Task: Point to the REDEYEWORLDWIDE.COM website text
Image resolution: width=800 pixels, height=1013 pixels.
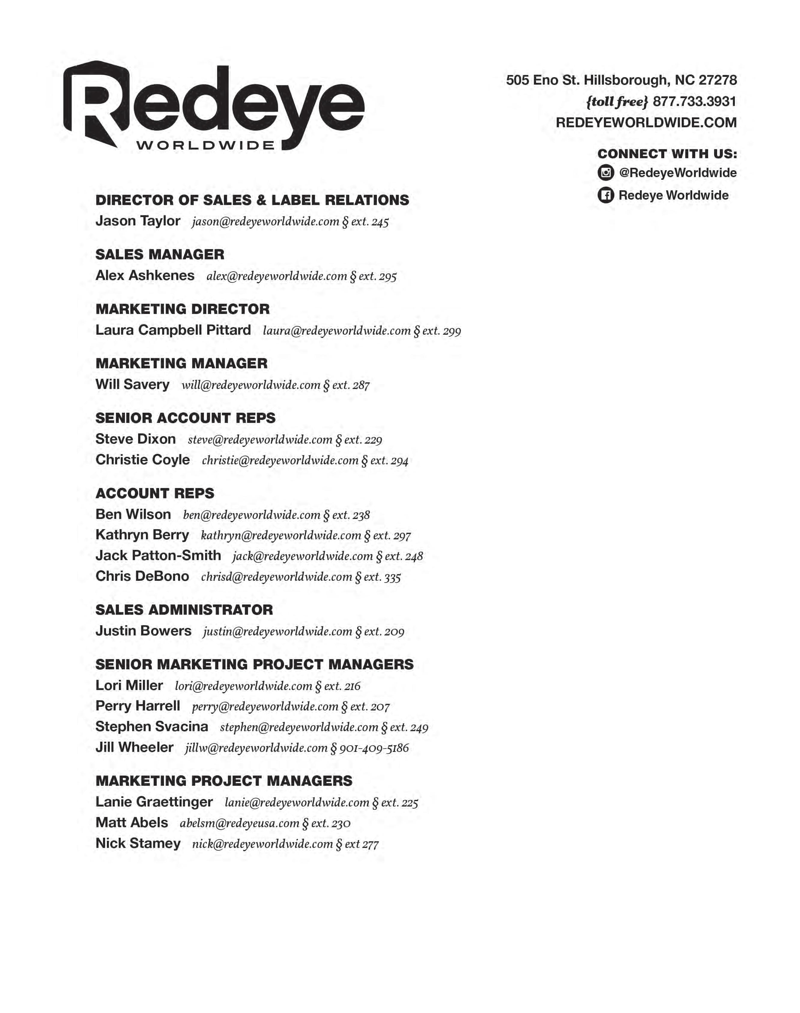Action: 646,123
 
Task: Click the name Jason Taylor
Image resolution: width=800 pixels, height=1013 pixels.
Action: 138,221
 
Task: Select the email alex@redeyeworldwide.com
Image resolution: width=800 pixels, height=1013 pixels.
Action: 276,276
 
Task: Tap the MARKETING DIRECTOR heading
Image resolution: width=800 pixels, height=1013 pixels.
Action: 183,309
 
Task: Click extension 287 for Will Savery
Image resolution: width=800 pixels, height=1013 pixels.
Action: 351,385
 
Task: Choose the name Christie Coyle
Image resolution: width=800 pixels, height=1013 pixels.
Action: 142,460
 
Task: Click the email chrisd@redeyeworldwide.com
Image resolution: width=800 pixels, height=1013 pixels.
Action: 276,577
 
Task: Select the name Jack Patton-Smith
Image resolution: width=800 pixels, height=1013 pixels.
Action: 158,555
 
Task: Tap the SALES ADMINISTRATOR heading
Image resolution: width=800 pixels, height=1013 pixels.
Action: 184,610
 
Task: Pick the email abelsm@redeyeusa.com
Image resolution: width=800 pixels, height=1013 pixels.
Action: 239,823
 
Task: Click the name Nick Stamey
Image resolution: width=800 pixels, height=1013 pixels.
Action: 138,843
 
